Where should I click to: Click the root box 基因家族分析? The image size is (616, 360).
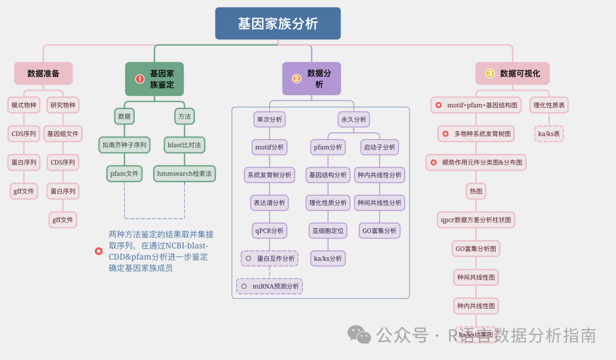(278, 23)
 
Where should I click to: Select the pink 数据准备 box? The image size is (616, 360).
(43, 74)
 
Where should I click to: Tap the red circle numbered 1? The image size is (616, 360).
(140, 79)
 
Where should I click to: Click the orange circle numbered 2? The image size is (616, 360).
(297, 79)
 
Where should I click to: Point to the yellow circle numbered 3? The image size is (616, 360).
(490, 74)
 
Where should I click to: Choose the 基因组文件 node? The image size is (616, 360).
(63, 134)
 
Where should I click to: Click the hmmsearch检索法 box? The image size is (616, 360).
(184, 173)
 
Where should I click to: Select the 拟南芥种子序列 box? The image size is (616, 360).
(124, 145)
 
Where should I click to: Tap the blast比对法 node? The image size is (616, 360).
(184, 145)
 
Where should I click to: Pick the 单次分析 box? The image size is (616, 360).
(269, 119)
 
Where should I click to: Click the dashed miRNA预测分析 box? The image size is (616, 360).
(269, 286)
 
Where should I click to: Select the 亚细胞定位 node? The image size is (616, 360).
(328, 230)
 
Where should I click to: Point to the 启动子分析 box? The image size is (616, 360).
(379, 147)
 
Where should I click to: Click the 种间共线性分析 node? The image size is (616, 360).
(379, 203)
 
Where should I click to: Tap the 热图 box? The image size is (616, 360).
(476, 191)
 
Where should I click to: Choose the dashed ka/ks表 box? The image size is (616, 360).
(549, 134)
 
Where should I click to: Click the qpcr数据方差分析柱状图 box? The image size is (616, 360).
(476, 219)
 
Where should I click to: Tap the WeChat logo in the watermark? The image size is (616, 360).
(359, 334)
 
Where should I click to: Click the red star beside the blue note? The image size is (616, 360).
(99, 251)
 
